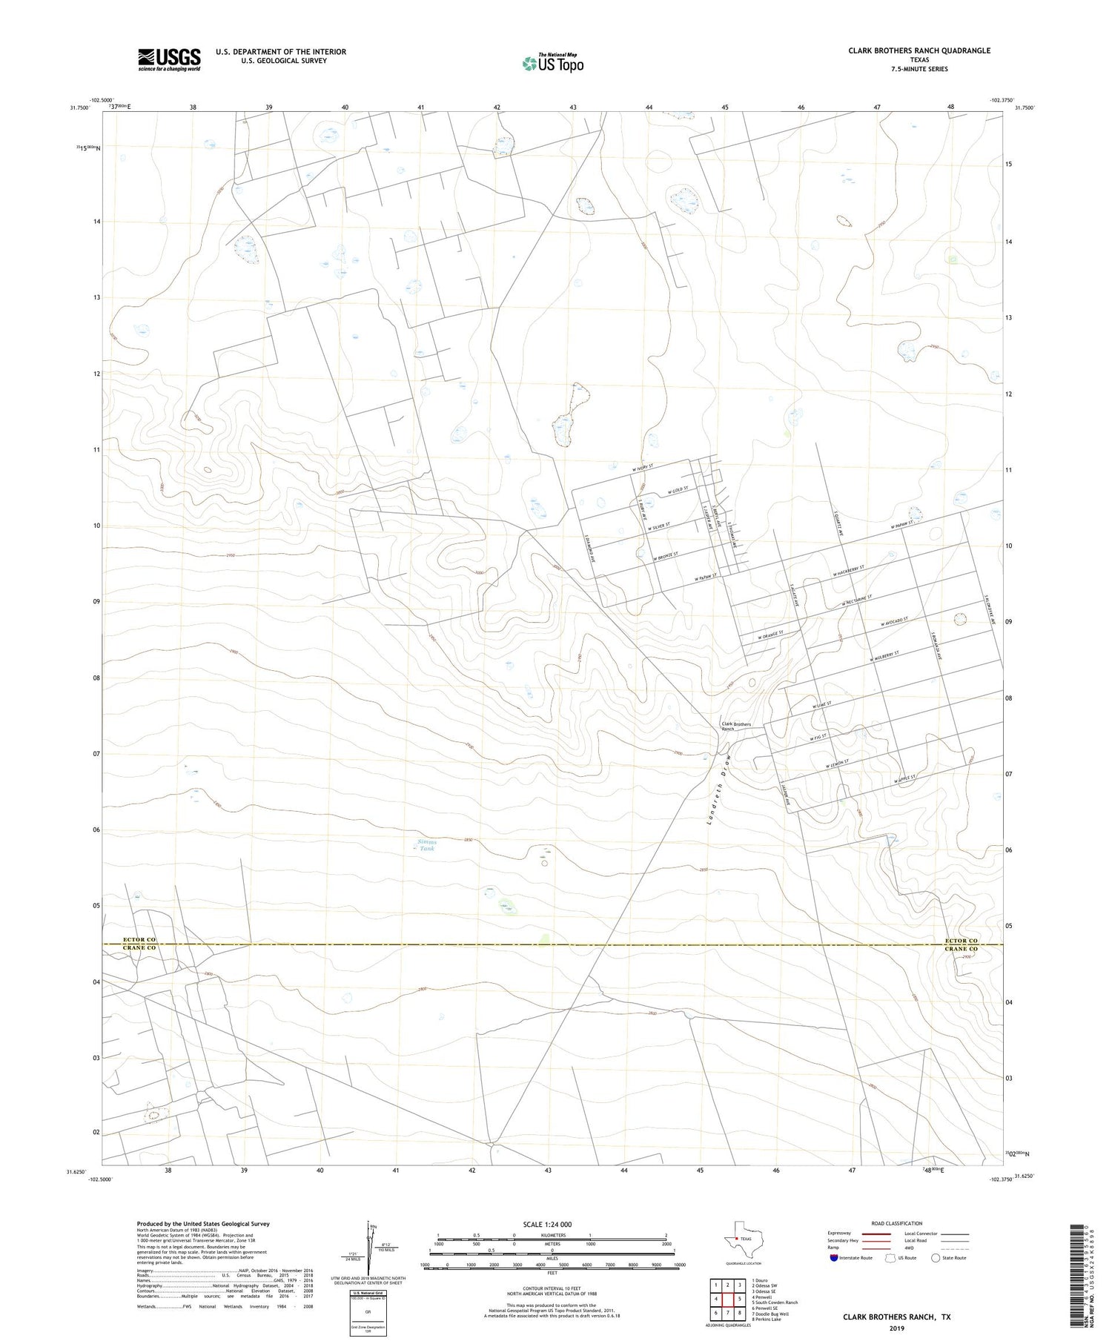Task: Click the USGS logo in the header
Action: point(169,59)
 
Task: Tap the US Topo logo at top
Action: point(552,64)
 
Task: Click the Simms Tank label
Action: point(427,845)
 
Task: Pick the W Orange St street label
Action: point(770,635)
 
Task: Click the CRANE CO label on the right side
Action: point(962,949)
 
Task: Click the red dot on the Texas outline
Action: point(736,1239)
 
